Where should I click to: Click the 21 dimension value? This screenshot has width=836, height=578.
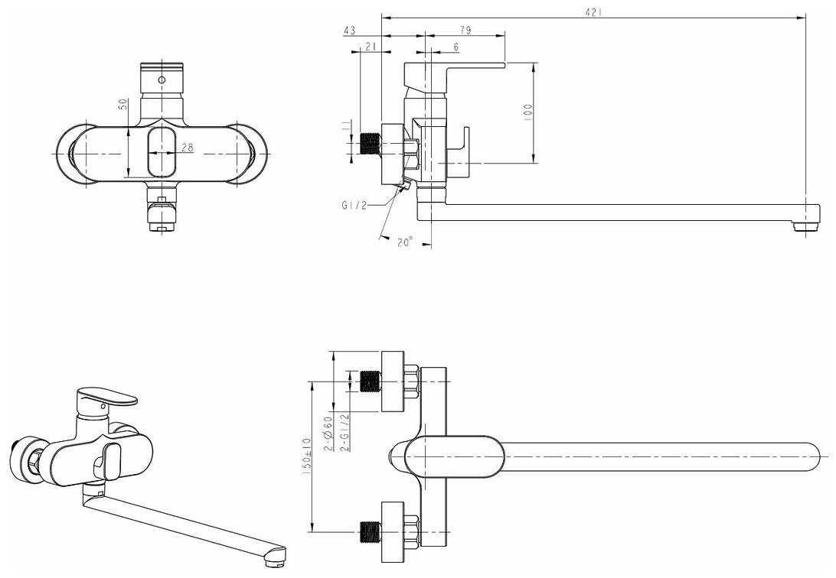(370, 47)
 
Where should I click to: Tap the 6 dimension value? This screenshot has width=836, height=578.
(456, 47)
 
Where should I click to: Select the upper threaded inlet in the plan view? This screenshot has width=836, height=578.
(371, 380)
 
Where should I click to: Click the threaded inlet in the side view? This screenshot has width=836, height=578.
(371, 144)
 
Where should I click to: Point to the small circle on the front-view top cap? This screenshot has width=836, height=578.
(162, 79)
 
